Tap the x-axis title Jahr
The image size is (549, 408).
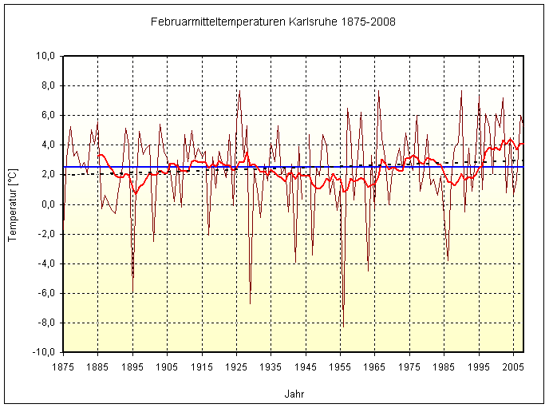click(x=294, y=394)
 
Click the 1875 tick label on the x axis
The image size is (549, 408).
click(x=63, y=366)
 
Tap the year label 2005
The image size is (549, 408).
click(x=513, y=366)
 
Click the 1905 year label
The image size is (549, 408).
click(x=167, y=366)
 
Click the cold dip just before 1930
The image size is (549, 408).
click(x=250, y=303)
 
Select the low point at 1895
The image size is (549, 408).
click(x=132, y=291)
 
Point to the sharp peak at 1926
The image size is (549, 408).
click(x=239, y=91)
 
